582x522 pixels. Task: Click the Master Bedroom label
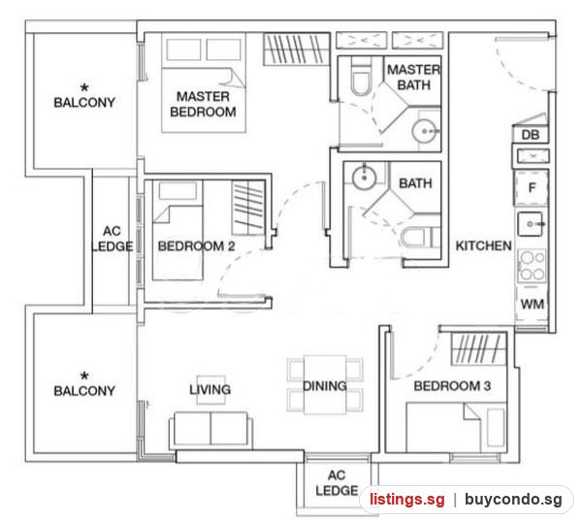pos(203,104)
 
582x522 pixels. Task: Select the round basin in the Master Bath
pos(424,131)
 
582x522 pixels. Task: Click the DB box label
pos(531,135)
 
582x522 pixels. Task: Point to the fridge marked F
pos(532,187)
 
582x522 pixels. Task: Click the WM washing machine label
pos(533,305)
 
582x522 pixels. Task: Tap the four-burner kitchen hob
pos(532,266)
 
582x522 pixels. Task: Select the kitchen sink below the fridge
pos(530,224)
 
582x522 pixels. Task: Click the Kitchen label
pos(483,245)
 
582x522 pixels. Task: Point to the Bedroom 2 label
pos(196,245)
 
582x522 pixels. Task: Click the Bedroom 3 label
pos(452,386)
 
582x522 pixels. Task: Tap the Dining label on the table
pos(325,386)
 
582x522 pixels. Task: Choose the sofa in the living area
pos(210,430)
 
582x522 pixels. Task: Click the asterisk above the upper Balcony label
pos(84,88)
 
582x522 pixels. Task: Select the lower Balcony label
pos(84,391)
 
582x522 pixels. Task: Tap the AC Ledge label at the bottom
pos(337,482)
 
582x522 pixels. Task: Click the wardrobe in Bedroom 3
pos(479,349)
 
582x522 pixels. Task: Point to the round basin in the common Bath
pos(364,178)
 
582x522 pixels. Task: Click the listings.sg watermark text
pos(406,500)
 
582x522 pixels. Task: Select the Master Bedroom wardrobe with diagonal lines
pos(297,49)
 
